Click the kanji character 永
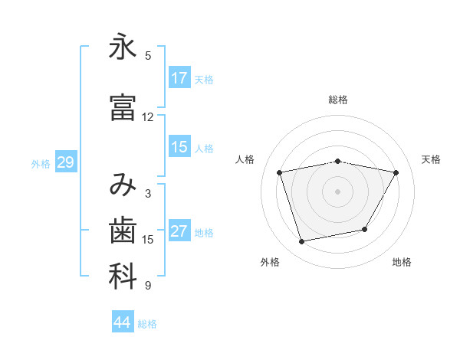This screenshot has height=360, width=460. (123, 47)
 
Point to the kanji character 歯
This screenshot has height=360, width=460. (123, 230)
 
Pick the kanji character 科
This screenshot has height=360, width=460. (123, 277)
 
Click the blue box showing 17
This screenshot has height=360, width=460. (179, 77)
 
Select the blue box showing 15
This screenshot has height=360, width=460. (179, 147)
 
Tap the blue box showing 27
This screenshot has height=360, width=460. (179, 231)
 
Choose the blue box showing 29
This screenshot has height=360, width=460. (65, 162)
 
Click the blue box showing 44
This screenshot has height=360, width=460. (123, 322)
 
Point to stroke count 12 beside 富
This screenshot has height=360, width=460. (147, 117)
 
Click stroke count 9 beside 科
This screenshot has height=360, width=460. (147, 286)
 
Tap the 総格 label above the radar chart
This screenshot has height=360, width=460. (337, 100)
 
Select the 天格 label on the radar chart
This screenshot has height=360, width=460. (431, 159)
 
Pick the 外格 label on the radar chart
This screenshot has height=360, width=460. (270, 262)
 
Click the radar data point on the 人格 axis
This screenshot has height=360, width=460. (280, 172)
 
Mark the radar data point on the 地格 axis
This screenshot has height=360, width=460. (365, 229)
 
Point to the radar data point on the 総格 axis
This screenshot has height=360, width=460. (337, 161)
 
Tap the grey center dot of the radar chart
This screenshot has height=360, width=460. (337, 191)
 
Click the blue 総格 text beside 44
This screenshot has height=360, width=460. (147, 324)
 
